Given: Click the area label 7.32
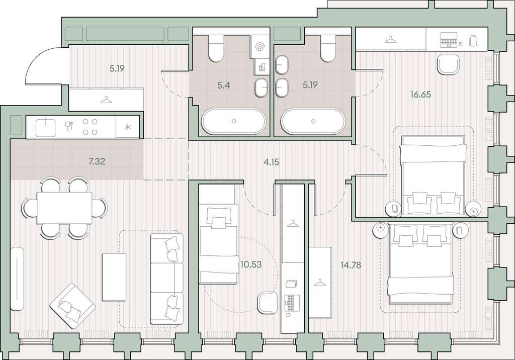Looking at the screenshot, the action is coord(97,161).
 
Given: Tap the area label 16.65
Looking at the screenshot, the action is coord(420,95).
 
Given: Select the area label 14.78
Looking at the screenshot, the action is coord(351,265).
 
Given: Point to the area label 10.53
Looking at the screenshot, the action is coord(251,264).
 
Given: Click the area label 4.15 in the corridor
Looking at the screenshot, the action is coord(271,161).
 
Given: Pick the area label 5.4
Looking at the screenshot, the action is coord(224,86).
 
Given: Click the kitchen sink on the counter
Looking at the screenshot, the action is coord(46,127).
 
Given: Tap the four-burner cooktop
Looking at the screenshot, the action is coord(90,127).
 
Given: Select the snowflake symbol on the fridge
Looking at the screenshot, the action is coord(128,127).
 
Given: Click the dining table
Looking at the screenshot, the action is coord(64,208).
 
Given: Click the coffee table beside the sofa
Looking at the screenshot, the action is coord(114,277).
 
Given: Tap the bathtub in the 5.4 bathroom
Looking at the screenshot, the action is coord(233,121).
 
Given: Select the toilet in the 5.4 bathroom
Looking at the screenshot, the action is coord(216,48).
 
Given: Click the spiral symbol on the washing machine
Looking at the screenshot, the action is coord(260,47).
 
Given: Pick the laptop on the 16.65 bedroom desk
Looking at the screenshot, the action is coord(449,40).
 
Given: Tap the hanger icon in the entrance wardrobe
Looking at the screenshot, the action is coord(106,99).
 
